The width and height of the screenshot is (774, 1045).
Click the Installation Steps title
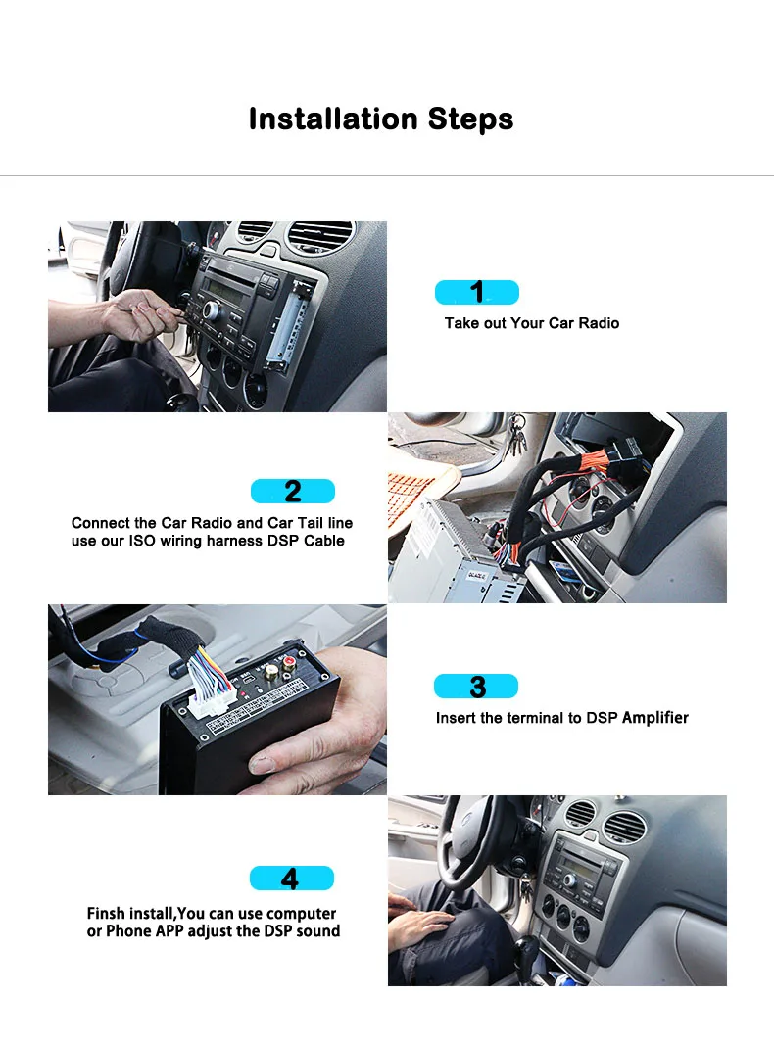click(380, 119)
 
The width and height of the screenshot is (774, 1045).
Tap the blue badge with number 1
click(476, 292)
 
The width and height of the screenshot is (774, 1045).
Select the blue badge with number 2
click(292, 491)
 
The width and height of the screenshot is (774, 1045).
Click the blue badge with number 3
click(476, 687)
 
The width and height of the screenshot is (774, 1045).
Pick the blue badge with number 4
click(291, 879)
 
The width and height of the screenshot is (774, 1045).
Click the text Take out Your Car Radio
click(531, 323)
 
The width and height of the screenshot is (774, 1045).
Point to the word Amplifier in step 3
click(655, 718)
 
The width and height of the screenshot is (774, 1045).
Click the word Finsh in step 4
click(107, 914)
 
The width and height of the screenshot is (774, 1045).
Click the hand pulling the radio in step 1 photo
click(137, 313)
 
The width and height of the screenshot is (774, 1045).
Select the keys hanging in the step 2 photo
click(517, 432)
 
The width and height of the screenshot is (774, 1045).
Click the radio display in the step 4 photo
click(577, 861)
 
